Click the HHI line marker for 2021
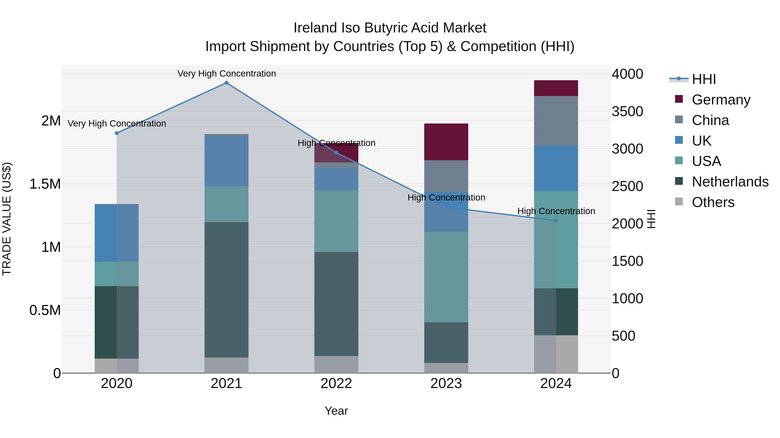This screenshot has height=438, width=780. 226,83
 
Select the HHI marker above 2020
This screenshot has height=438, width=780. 117,133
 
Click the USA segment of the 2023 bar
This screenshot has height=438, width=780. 446,277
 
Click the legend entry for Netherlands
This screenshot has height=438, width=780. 730,182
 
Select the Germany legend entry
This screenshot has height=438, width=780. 721,100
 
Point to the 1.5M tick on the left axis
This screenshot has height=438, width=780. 45,184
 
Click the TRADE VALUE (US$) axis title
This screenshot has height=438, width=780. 7,219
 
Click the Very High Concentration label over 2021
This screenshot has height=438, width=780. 226,74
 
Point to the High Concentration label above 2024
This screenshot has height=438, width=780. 556,211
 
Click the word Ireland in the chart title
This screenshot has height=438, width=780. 315,28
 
